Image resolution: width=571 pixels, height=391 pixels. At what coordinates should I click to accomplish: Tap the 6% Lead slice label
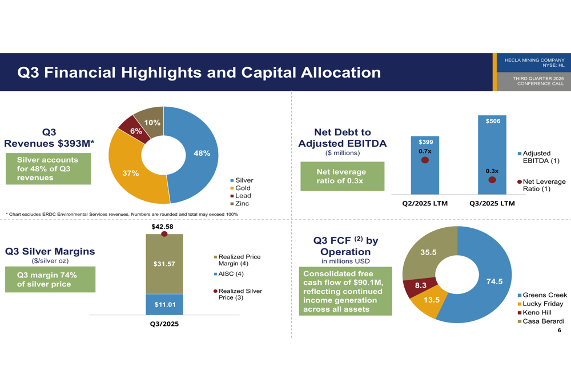pyautogui.click(x=136, y=131)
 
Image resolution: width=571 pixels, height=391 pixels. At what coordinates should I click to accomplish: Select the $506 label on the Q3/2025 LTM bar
pyautogui.click(x=492, y=121)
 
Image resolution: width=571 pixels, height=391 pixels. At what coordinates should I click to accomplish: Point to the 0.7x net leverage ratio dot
pyautogui.click(x=425, y=160)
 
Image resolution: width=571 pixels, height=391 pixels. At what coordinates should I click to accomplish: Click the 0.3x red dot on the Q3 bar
pyautogui.click(x=492, y=180)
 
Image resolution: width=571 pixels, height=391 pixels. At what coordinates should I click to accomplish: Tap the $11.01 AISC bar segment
pyautogui.click(x=164, y=305)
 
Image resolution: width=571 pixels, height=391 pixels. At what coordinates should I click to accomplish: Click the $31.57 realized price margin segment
pyautogui.click(x=164, y=264)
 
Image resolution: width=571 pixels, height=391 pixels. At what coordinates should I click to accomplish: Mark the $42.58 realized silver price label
pyautogui.click(x=162, y=227)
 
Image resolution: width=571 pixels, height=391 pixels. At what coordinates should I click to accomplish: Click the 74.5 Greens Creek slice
pyautogui.click(x=494, y=281)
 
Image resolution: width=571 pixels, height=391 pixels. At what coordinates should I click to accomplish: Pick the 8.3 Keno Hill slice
pyautogui.click(x=420, y=285)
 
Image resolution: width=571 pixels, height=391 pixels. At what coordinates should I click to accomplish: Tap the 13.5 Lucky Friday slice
pyautogui.click(x=431, y=300)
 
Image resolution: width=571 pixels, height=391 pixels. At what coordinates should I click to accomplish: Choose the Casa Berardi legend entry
pyautogui.click(x=542, y=321)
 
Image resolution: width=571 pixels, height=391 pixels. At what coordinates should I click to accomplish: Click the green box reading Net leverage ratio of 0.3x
pyautogui.click(x=342, y=176)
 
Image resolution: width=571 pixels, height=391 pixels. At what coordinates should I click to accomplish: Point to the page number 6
pyautogui.click(x=559, y=330)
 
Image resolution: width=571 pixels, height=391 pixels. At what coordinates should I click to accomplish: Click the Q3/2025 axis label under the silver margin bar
pyautogui.click(x=164, y=324)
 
